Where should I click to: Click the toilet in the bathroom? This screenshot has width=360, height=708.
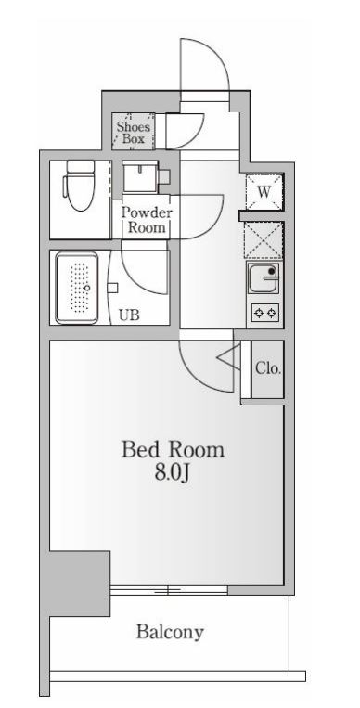(80, 186)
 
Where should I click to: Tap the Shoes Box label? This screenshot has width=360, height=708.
(134, 133)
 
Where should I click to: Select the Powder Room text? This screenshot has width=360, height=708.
(147, 220)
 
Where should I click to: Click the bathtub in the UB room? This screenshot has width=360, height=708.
(77, 288)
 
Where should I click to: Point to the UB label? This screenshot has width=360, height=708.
(129, 315)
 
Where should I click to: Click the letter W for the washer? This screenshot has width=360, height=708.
(264, 191)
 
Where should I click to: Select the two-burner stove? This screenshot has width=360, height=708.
(264, 313)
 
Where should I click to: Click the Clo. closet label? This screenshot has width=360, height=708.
(268, 368)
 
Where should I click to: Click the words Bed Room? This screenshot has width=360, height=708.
(173, 450)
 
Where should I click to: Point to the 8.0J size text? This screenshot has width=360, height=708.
(172, 473)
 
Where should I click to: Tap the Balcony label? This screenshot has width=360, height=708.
(170, 632)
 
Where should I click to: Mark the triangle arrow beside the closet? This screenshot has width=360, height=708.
(228, 357)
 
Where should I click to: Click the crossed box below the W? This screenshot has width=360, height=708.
(264, 240)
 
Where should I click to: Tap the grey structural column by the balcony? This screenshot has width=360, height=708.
(79, 584)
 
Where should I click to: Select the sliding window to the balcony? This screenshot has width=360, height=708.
(169, 589)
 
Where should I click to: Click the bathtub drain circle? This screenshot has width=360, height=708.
(87, 288)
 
